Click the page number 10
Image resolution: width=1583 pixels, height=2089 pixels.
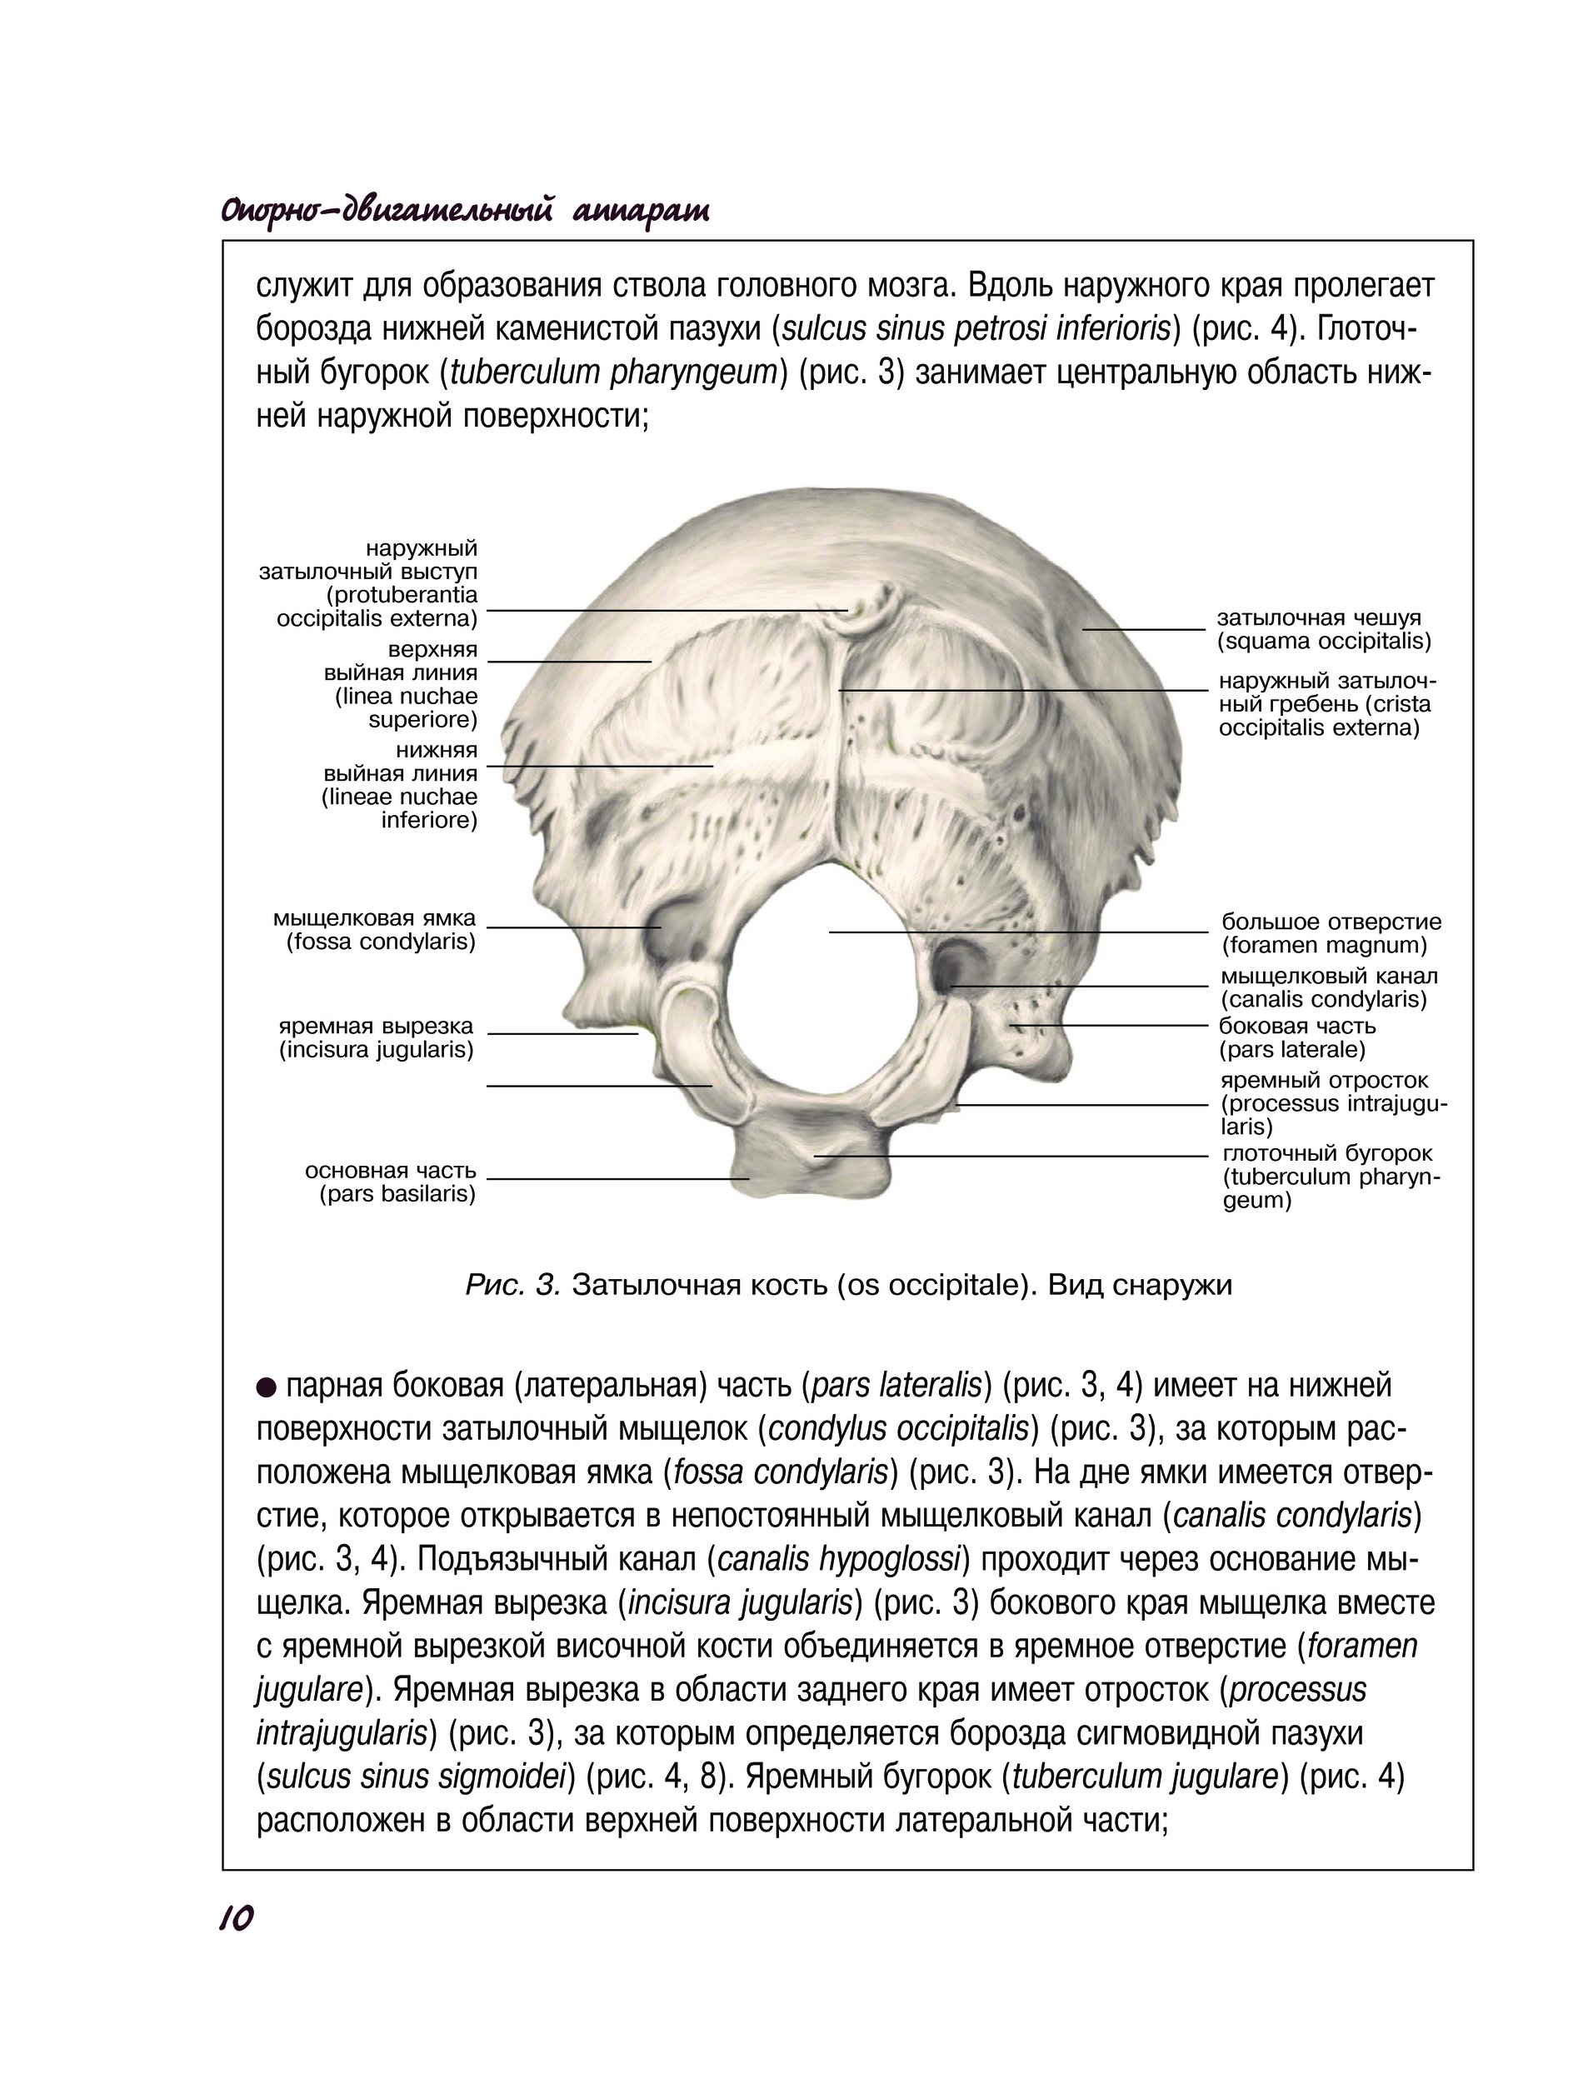236,1917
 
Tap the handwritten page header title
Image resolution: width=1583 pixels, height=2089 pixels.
465,210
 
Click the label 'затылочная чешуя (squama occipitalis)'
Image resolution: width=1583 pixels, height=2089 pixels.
1323,630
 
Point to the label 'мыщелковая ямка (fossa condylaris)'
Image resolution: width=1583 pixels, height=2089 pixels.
375,930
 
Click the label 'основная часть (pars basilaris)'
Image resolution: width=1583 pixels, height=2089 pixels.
390,1182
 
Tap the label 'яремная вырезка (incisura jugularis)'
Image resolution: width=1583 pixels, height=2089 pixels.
376,1038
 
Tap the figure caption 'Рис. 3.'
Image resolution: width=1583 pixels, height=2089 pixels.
513,1286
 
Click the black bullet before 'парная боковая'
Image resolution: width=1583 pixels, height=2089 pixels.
267,1387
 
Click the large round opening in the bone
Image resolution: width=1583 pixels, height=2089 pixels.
821,1001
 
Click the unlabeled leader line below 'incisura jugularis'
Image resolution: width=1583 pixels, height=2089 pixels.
599,1086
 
